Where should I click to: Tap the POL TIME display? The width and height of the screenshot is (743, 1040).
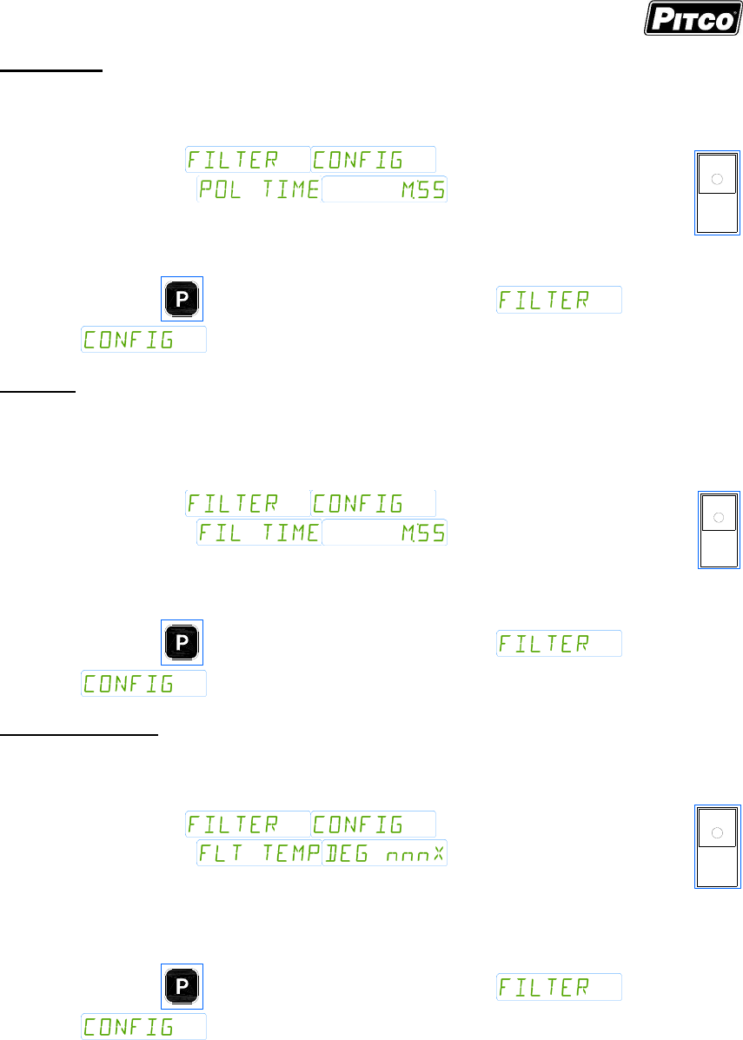(x=258, y=189)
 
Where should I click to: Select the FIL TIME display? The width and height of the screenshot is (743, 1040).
(x=258, y=533)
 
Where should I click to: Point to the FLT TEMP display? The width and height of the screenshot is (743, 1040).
(x=258, y=853)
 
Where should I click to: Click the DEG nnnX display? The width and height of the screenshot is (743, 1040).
(x=384, y=853)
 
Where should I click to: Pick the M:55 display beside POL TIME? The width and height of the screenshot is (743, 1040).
(x=384, y=189)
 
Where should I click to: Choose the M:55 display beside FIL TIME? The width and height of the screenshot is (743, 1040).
(x=384, y=533)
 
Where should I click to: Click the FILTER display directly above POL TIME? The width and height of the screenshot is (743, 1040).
(x=248, y=160)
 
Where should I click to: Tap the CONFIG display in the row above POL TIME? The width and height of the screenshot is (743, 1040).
(x=373, y=160)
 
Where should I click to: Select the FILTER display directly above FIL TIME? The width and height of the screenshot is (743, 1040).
(x=248, y=503)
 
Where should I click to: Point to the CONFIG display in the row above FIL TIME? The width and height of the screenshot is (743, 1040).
(x=373, y=503)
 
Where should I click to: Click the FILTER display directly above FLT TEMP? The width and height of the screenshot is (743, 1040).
(x=248, y=824)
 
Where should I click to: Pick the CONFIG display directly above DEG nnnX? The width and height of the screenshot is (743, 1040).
(x=373, y=824)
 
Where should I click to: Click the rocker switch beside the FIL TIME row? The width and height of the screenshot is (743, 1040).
(x=720, y=529)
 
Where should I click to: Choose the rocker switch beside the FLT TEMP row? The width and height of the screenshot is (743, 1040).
(x=717, y=847)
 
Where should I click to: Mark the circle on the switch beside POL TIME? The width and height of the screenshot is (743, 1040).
(x=717, y=179)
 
